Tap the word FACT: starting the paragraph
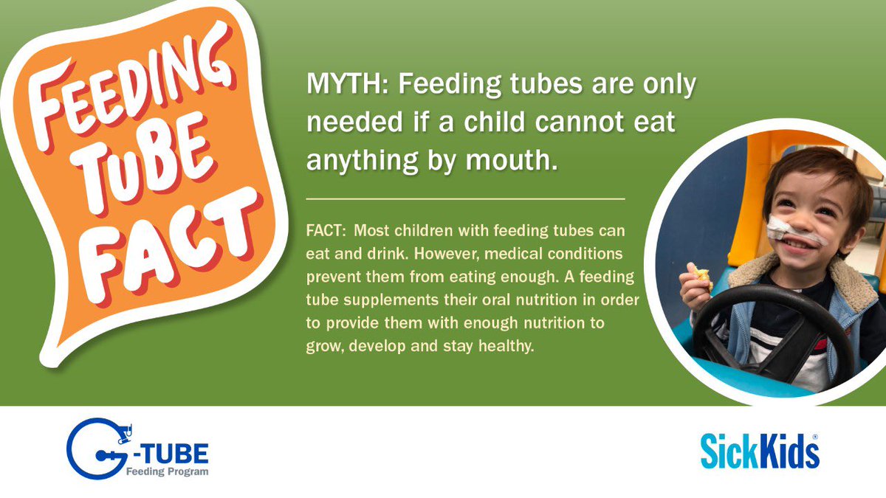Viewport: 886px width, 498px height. (x=325, y=231)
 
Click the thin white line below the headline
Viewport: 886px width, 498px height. (x=465, y=199)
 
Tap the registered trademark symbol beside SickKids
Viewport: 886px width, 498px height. (x=814, y=437)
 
